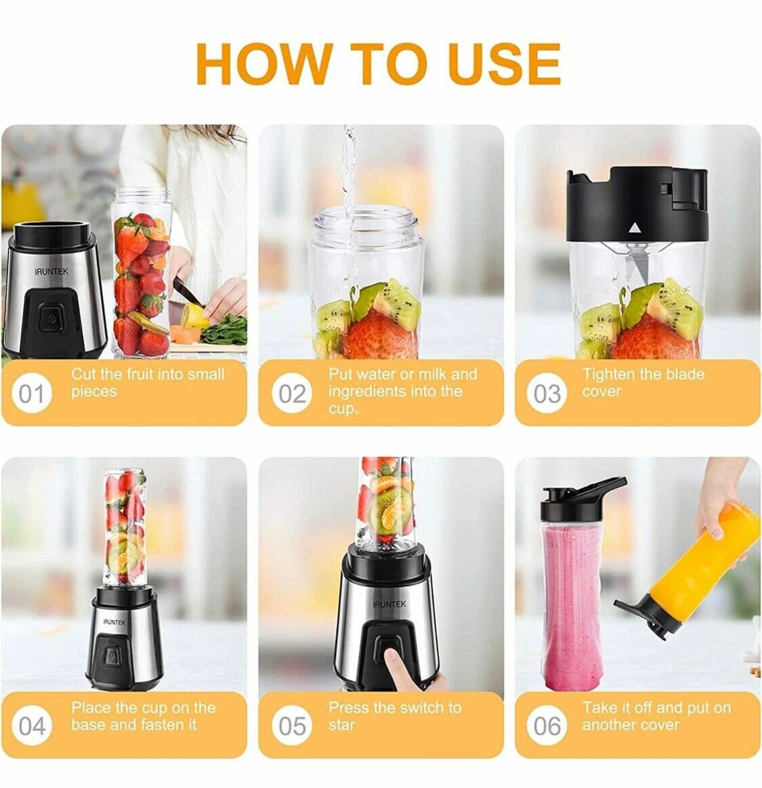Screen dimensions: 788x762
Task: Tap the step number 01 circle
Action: (30, 394)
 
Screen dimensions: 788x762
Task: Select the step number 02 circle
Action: (292, 394)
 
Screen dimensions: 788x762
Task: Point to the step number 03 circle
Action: (547, 394)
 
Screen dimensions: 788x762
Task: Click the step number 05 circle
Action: (292, 726)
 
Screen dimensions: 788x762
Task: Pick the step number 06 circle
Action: (547, 726)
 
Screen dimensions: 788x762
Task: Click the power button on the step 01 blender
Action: (50, 318)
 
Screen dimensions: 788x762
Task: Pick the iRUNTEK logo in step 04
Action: (115, 621)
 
